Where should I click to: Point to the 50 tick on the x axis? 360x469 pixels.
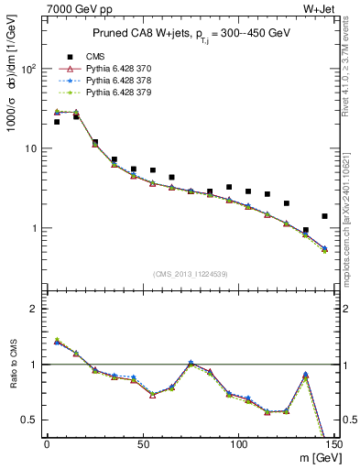143,445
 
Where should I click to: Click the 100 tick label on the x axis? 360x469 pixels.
238,445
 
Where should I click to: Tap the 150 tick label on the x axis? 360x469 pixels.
333,445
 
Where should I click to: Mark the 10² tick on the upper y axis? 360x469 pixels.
31,69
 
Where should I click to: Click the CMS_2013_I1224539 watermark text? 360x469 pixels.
190,275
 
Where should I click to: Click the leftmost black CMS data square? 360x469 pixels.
57,122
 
